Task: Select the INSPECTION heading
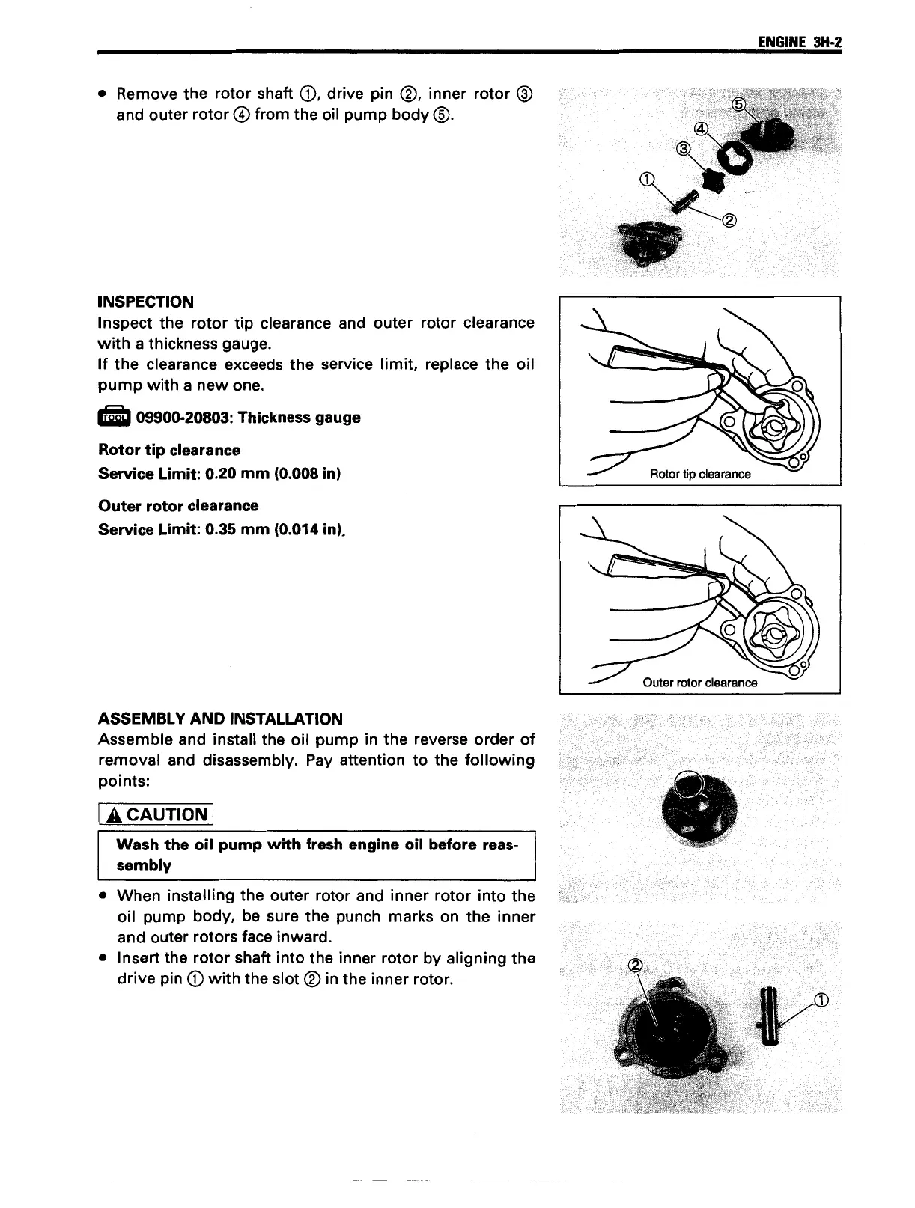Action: click(146, 302)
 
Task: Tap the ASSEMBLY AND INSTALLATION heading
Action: click(220, 719)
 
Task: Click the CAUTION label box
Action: click(156, 814)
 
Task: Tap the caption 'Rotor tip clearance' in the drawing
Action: click(699, 474)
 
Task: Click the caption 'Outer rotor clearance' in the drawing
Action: click(699, 683)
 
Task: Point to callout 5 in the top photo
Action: click(738, 104)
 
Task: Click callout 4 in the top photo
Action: click(700, 128)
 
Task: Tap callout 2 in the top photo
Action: click(730, 220)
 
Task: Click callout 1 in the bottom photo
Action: click(821, 1000)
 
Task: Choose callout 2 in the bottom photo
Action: click(636, 965)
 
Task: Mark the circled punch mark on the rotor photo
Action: click(687, 785)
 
